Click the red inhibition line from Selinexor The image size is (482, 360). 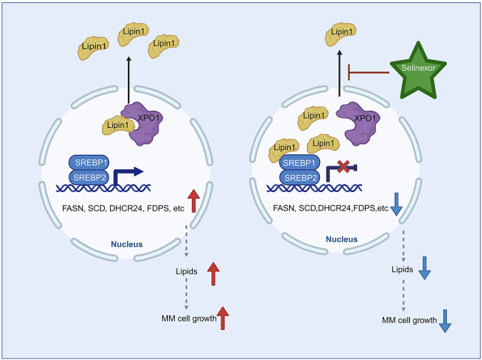[x=367, y=71]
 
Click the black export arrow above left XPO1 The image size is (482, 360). [x=129, y=83]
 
